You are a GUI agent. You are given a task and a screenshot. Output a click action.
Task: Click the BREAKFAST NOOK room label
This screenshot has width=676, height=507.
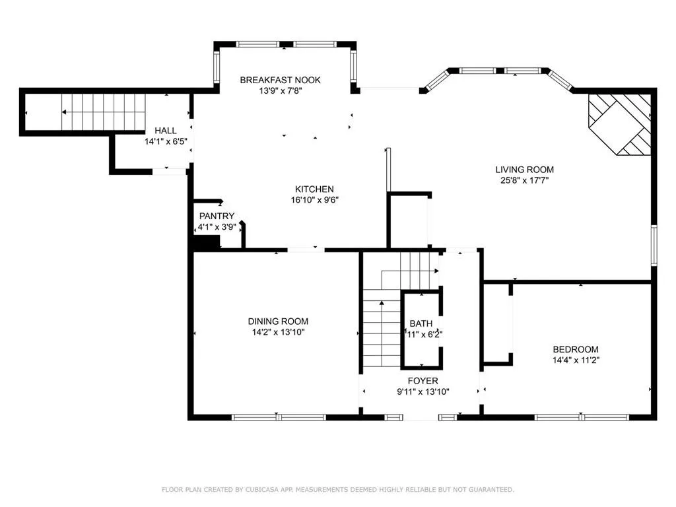[280, 80]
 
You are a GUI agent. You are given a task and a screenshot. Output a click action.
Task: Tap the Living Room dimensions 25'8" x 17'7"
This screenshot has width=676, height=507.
[524, 180]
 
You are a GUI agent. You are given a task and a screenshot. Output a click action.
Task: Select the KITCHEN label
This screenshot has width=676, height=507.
[314, 189]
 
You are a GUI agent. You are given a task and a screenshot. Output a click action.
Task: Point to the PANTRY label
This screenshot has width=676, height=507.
[217, 216]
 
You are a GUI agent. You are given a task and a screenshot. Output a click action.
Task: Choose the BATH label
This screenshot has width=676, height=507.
[421, 323]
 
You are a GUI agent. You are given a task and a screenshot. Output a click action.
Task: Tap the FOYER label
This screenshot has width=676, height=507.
[422, 381]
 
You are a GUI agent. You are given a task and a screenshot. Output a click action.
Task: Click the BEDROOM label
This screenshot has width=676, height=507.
[575, 349]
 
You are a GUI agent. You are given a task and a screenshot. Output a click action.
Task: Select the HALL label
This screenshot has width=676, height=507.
[165, 131]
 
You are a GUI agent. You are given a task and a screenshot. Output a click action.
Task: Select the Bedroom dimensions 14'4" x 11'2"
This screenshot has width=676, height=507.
[575, 360]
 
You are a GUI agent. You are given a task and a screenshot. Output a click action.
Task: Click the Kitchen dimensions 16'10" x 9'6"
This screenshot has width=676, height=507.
[314, 200]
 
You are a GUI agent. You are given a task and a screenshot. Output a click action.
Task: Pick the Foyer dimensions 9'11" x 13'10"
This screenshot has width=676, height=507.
[422, 391]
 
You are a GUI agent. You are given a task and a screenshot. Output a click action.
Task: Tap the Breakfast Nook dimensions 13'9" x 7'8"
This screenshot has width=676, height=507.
[280, 91]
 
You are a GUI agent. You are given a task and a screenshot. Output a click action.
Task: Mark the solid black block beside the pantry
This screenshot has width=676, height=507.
[205, 243]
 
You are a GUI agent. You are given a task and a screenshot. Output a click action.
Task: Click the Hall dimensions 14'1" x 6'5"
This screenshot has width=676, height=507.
[165, 141]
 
